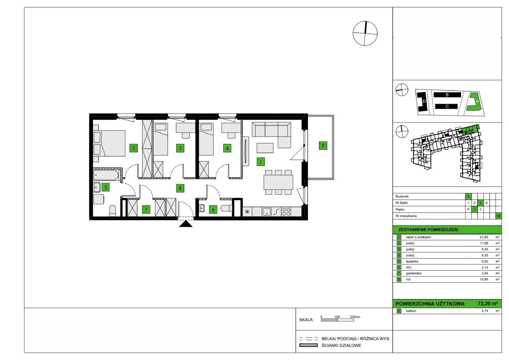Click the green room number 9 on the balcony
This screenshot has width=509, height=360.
pyautogui.click(x=323, y=146)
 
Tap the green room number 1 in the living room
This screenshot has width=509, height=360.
pyautogui.click(x=261, y=162)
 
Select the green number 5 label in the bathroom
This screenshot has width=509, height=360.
pyautogui.click(x=106, y=187)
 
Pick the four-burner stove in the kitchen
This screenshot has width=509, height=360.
pyautogui.click(x=286, y=212)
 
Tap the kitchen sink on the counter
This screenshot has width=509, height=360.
pyautogui.click(x=267, y=212)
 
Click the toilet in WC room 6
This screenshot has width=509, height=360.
pyautogui.click(x=226, y=208)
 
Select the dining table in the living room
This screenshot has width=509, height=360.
pyautogui.click(x=278, y=182)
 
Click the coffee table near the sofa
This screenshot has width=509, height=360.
pyautogui.click(x=265, y=148)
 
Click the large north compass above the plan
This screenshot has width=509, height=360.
pyautogui.click(x=365, y=33)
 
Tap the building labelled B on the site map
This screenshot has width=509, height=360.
pyautogui.click(x=447, y=95)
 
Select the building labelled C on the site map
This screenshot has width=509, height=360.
pyautogui.click(x=446, y=106)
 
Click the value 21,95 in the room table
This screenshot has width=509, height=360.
pyautogui.click(x=484, y=237)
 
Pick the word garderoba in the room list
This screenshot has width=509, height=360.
pyautogui.click(x=414, y=273)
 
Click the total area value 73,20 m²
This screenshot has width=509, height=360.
pyautogui.click(x=488, y=303)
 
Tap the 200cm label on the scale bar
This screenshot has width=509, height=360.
pyautogui.click(x=355, y=317)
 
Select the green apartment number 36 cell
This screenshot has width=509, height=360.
pyautogui.click(x=499, y=216)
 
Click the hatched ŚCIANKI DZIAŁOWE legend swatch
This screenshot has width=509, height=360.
pyautogui.click(x=308, y=345)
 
